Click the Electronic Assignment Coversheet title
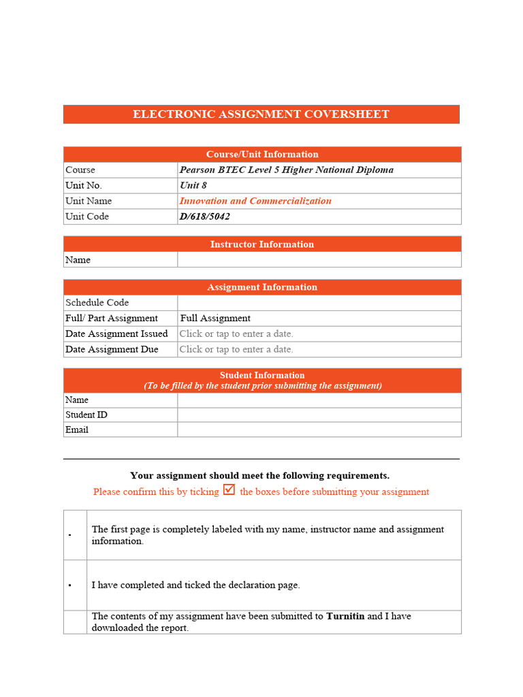coord(261,114)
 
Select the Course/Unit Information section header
coord(262,155)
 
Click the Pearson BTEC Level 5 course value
coord(286,170)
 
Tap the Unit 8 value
coord(193,186)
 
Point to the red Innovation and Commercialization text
coord(255,201)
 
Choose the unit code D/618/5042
coord(205,217)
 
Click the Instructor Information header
coord(262,244)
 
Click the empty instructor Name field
coord(319,260)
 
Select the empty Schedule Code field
coord(319,303)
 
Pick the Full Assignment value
coord(215,319)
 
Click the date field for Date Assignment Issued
coord(236,334)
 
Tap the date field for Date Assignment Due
coord(236,350)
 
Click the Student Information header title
coord(262,375)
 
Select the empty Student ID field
coord(319,415)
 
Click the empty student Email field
coord(319,430)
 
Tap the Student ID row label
coord(86,415)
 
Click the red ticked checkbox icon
coord(229,490)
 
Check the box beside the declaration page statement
coord(70,585)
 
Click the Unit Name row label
coord(89,201)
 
